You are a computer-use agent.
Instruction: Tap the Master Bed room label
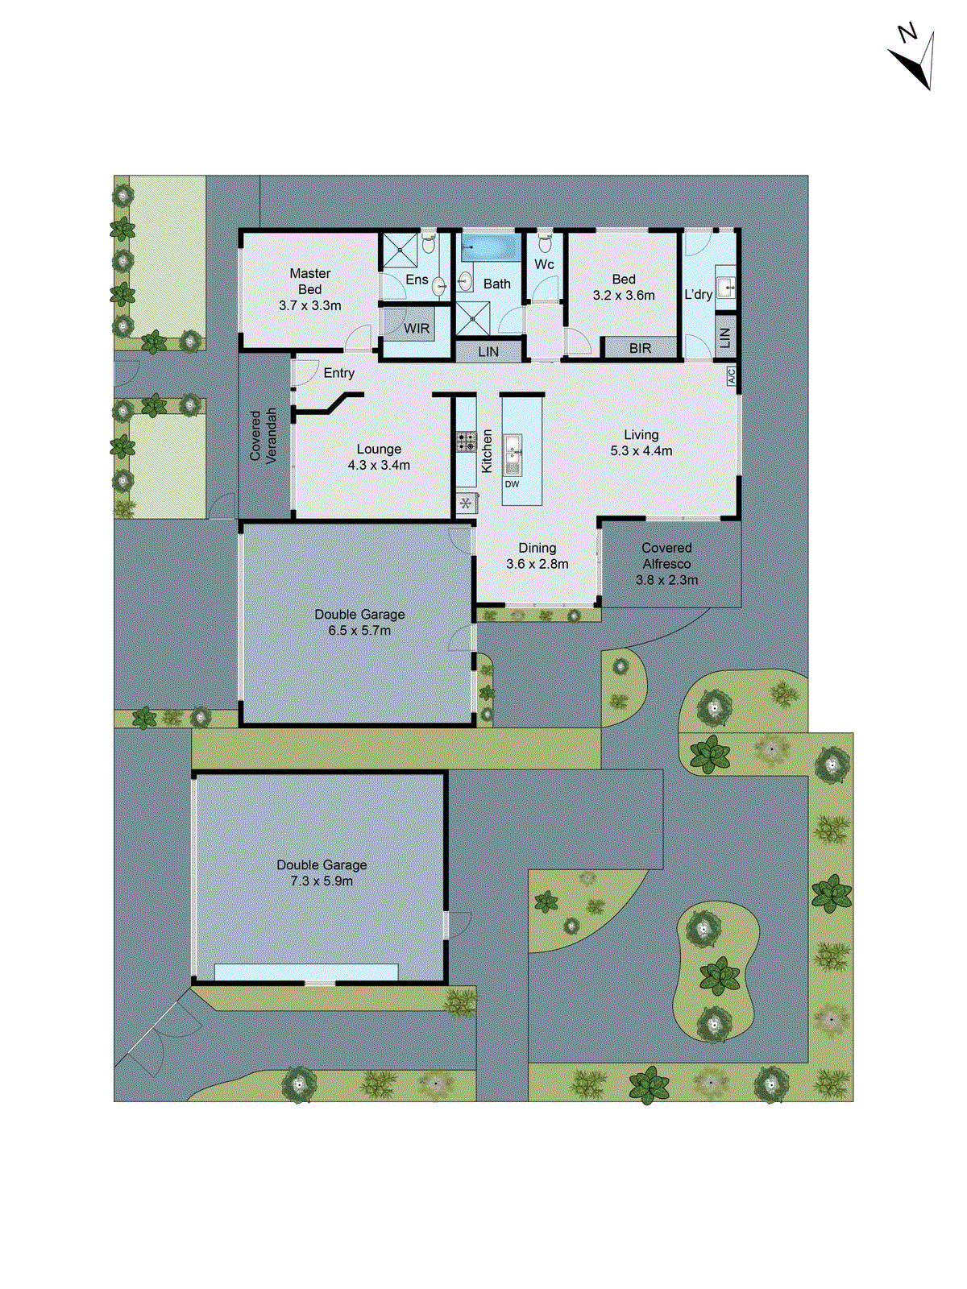click(310, 281)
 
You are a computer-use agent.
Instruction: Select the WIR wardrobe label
click(417, 329)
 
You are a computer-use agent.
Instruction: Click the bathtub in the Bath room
click(491, 247)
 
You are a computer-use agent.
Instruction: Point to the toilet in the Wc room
click(545, 242)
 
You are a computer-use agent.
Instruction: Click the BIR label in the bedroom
click(641, 349)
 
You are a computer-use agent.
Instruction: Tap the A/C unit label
click(732, 375)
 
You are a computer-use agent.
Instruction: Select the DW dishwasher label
click(513, 484)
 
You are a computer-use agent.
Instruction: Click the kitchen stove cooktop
click(467, 441)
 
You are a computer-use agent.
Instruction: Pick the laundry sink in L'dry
click(726, 286)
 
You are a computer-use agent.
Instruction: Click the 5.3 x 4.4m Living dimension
click(641, 451)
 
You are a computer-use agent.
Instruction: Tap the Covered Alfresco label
click(666, 556)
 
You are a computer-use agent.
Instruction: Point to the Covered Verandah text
click(264, 435)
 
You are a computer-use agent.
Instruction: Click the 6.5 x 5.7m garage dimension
click(359, 631)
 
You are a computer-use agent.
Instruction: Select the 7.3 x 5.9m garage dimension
click(322, 881)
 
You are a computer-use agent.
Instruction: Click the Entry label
click(339, 373)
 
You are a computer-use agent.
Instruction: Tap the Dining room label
click(537, 548)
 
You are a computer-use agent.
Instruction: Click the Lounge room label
click(379, 450)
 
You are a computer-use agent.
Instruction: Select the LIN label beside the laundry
click(725, 338)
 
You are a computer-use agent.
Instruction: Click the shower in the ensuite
click(400, 251)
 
